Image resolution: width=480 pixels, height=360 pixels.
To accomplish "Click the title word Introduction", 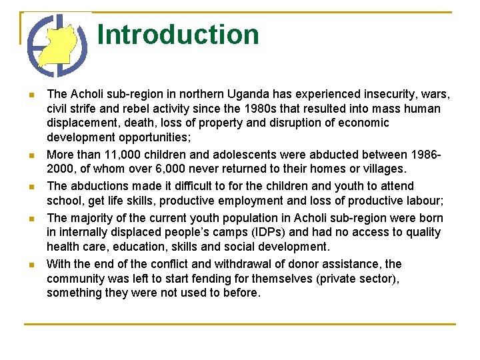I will [x=178, y=35].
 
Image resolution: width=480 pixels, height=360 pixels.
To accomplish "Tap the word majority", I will [x=93, y=217].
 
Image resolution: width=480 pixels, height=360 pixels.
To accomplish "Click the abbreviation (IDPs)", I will [x=261, y=232].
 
